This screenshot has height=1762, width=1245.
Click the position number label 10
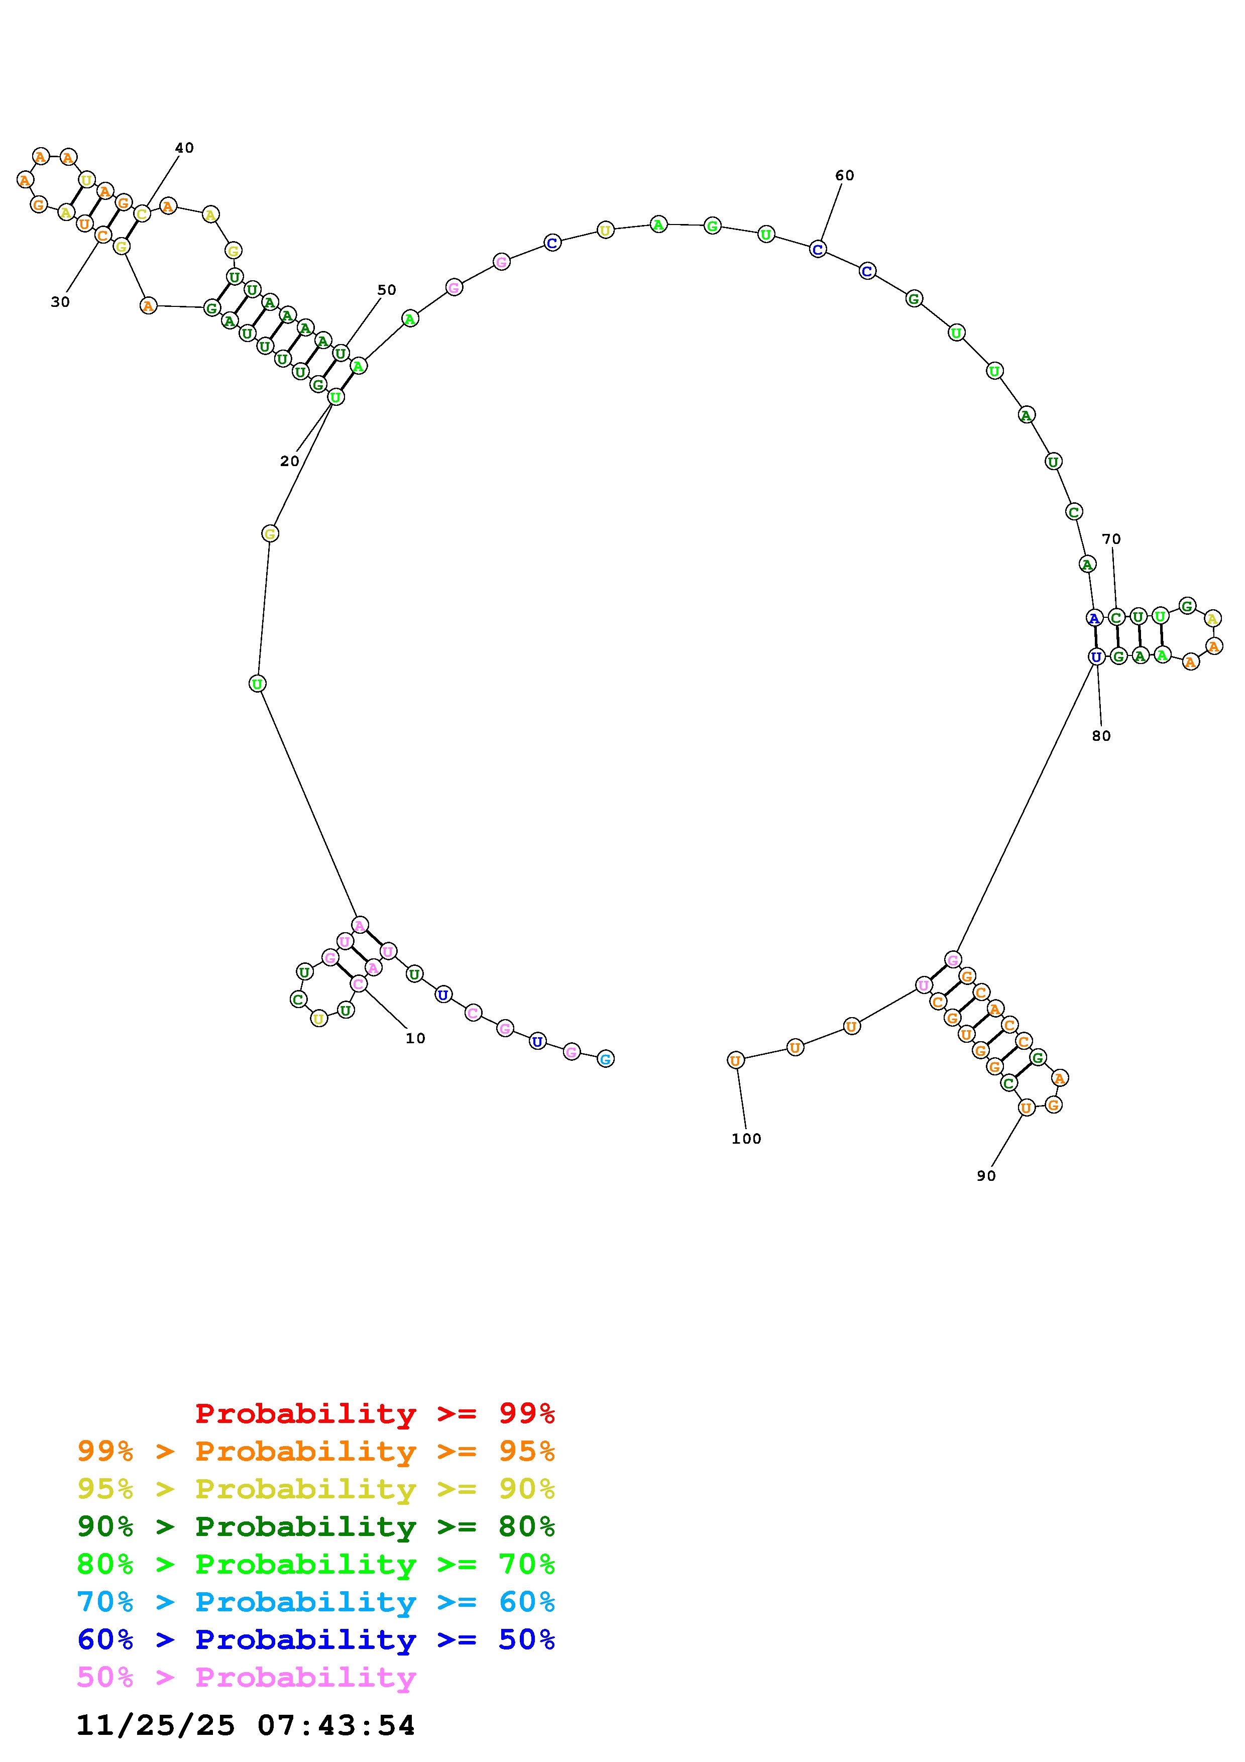coord(415,1038)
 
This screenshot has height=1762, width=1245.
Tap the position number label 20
coord(289,461)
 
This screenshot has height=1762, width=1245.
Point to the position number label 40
coord(184,148)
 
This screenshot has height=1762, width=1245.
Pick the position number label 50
coord(387,290)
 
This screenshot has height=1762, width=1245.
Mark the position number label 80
coord(1101,736)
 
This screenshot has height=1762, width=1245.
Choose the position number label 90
coord(986,1176)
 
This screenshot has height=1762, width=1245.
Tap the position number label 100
coord(746,1139)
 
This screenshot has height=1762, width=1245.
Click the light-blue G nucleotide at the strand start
coord(605,1059)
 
